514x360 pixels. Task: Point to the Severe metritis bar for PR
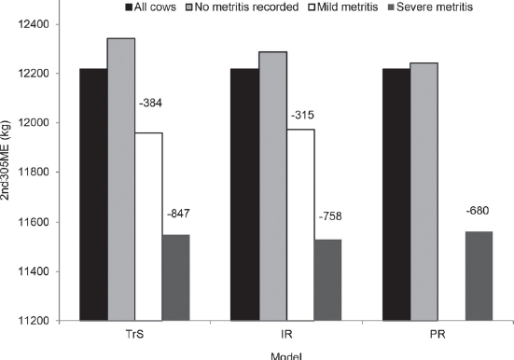[x=479, y=276]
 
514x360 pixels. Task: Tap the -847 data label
[x=177, y=214]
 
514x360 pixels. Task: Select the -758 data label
[x=329, y=217]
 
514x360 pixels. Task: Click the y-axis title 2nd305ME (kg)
[x=8, y=173]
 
